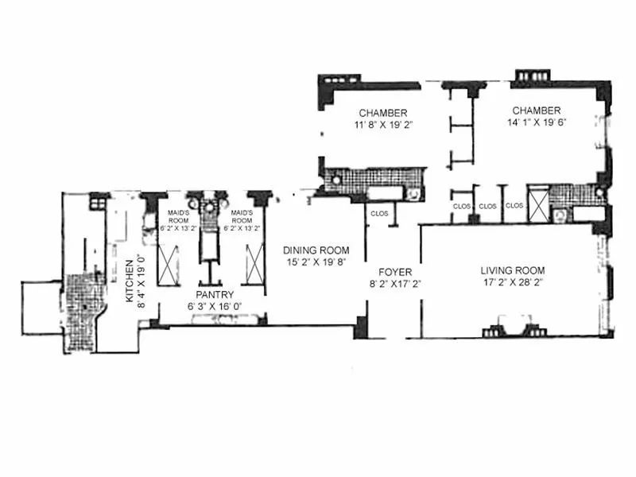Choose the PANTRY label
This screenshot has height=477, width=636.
pyautogui.click(x=211, y=294)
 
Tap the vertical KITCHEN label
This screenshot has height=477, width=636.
pyautogui.click(x=127, y=278)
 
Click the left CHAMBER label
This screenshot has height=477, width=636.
pyautogui.click(x=383, y=111)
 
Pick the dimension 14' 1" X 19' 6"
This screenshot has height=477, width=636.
pyautogui.click(x=537, y=122)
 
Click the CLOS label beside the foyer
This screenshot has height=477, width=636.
pyautogui.click(x=378, y=212)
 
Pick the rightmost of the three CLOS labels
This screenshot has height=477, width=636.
pyautogui.click(x=514, y=206)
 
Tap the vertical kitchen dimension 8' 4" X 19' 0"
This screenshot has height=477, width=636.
pyautogui.click(x=141, y=278)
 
